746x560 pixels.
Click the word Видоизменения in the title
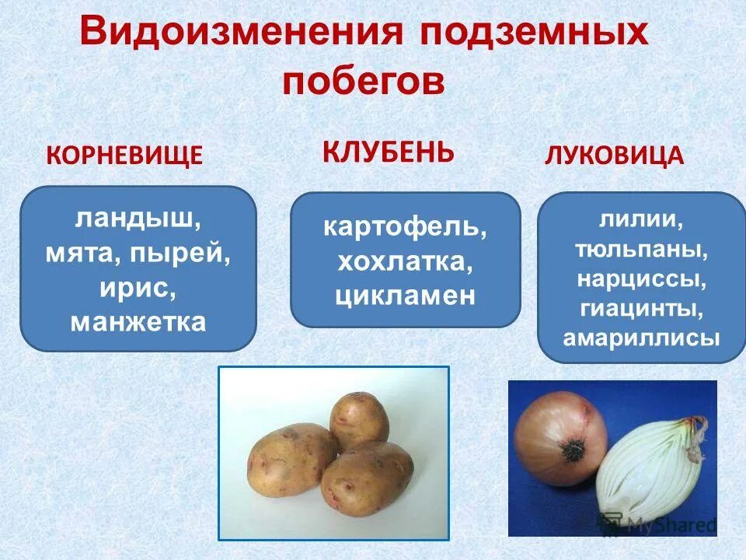click(242, 36)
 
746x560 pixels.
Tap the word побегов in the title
click(363, 80)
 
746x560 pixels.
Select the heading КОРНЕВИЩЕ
click(125, 156)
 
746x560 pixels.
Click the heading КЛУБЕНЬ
click(389, 150)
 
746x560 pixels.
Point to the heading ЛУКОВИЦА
click(614, 156)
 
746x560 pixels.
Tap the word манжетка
click(138, 321)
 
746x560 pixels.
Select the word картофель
click(405, 228)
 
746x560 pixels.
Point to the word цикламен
click(405, 296)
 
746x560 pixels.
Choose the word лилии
click(641, 221)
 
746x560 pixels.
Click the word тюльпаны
click(641, 250)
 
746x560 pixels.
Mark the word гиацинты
click(641, 309)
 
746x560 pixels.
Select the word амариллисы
click(641, 339)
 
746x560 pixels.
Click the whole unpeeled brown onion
click(561, 439)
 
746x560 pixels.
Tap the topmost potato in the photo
click(358, 420)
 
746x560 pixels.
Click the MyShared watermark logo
click(659, 524)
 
